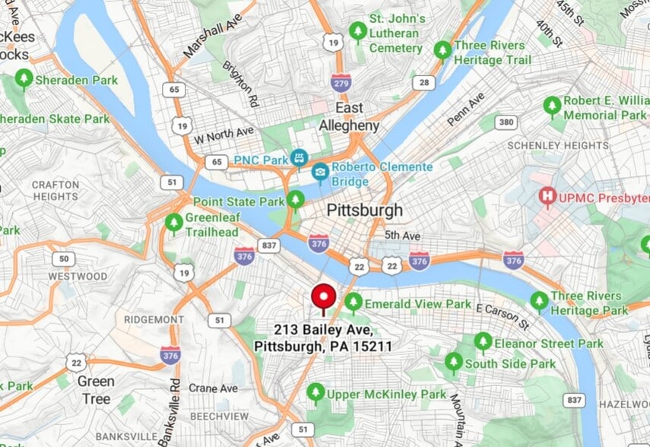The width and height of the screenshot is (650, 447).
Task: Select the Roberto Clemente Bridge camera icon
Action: coord(320,174)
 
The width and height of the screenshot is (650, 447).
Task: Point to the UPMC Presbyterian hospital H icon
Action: coord(546,198)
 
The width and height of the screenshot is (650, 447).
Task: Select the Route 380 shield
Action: coord(507,122)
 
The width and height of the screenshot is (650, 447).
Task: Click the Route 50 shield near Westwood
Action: coord(63,258)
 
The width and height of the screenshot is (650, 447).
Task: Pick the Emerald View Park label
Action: coord(418,303)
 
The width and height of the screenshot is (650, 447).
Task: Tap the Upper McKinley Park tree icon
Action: coord(315,393)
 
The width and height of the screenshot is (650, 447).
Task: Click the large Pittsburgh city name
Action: coord(364,210)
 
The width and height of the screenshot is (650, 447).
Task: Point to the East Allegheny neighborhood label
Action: coord(349,116)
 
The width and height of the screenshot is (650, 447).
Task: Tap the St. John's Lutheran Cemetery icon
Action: coord(357,32)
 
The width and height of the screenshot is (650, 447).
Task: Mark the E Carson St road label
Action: coord(502,308)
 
